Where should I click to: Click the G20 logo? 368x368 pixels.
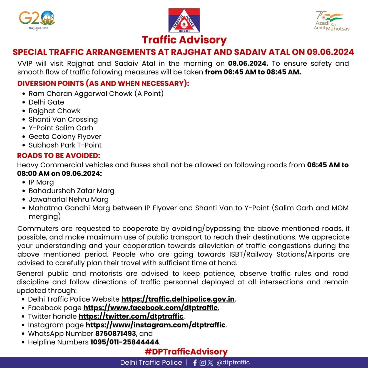coord(37,20)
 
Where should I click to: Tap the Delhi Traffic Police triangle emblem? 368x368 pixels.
coord(184,20)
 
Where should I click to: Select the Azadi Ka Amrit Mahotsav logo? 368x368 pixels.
coord(331,21)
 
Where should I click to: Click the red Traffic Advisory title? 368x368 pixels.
coord(184,40)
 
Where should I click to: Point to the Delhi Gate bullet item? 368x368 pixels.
coord(46,102)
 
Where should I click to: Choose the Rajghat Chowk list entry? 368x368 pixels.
coord(54,111)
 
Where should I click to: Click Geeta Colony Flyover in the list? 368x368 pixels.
coord(65,137)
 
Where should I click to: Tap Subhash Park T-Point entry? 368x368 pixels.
coord(65,145)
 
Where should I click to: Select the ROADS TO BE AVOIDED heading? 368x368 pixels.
coord(59,156)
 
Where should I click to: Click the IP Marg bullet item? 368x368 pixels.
coord(41,182)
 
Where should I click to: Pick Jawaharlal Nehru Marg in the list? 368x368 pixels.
coord(68,200)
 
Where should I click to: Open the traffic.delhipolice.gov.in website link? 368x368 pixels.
coord(178,299)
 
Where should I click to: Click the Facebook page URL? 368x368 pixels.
coord(150,308)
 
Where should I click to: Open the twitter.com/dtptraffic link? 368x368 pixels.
coord(131,317)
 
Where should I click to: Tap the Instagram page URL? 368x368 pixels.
coord(156,325)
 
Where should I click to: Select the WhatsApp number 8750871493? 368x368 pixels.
coord(116,333)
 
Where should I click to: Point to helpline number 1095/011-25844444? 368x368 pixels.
coord(125,342)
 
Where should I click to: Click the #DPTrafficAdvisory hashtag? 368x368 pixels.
coord(186,352)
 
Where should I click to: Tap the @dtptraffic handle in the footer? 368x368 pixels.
coord(233,363)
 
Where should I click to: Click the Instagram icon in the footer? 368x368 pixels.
coord(203,363)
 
